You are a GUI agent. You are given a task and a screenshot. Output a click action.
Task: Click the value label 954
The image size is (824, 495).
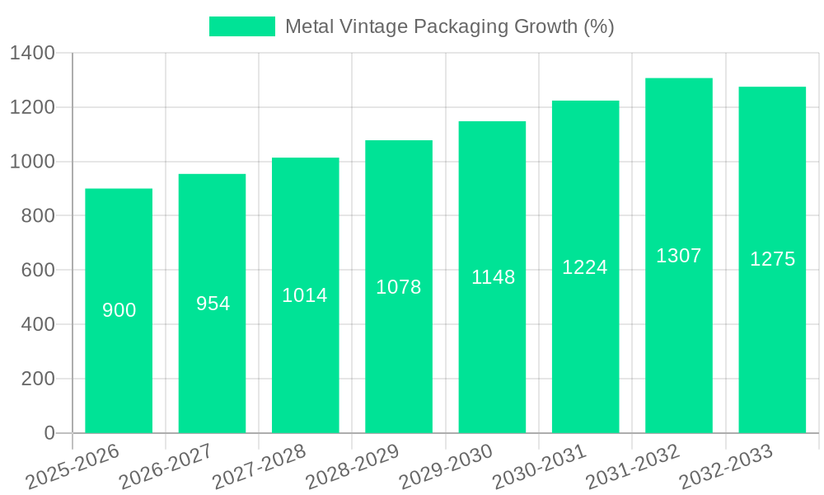coord(213,304)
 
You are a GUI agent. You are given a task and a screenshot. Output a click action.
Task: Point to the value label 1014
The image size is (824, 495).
coord(305,295)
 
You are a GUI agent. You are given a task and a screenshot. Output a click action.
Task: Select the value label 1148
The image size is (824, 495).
coord(493,277)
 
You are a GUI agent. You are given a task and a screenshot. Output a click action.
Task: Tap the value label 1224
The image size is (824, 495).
coord(585,267)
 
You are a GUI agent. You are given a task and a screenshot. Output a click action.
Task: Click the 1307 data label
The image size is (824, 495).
coord(678,256)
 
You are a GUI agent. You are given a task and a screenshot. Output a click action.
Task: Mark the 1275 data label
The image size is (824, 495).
coord(772,259)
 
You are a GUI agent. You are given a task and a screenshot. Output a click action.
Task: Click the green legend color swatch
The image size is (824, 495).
coord(241,26)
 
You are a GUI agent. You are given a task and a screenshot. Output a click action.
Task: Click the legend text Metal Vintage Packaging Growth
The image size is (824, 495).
coord(449,26)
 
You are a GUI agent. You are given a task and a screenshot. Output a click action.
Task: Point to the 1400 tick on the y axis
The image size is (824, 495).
coord(32,54)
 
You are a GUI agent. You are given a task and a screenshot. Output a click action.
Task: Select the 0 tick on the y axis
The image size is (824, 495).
coord(49,433)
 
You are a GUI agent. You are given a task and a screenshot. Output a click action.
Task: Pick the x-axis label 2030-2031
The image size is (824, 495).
coord(540,467)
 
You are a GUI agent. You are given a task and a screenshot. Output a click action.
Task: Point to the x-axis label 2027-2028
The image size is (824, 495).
coord(260,467)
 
